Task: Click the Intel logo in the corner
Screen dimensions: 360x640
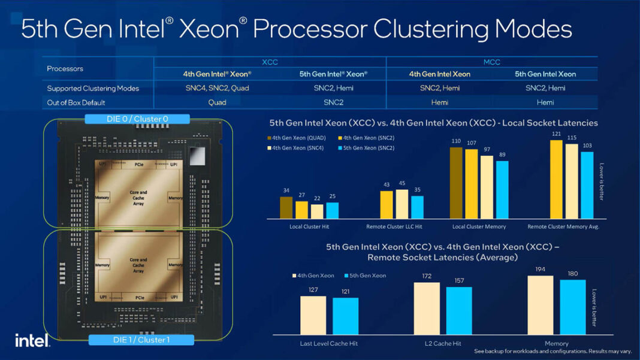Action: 32,340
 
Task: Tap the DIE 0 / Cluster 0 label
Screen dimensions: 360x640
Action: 137,119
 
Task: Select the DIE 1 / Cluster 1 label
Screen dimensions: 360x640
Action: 141,340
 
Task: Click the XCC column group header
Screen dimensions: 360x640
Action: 270,62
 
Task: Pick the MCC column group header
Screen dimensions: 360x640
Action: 492,62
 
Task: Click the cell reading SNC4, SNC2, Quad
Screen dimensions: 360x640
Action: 217,88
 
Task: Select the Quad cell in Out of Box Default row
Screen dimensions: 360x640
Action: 217,102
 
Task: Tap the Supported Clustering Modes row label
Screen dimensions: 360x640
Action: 93,88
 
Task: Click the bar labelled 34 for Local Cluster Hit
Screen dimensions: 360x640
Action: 286,207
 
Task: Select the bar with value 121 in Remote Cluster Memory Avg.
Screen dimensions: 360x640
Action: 556,180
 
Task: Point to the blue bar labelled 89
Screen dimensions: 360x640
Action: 502,189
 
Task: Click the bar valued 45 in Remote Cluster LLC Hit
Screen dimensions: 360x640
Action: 401,204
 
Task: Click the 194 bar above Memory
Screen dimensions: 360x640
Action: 540,305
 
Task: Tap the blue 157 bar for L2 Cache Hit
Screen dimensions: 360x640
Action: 459,310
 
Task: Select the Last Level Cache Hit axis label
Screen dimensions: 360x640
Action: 329,343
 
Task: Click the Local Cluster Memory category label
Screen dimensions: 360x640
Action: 479,226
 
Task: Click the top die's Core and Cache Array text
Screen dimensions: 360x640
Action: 138,197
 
